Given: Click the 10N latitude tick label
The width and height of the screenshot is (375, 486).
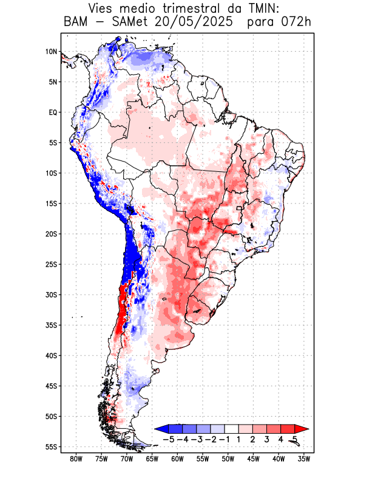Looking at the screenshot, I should (51, 52).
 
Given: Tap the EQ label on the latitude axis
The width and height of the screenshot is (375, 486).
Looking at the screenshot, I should (53, 112).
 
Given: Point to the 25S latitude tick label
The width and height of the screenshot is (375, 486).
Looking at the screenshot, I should (51, 264).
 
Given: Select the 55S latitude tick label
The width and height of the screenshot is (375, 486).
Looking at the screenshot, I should (51, 447).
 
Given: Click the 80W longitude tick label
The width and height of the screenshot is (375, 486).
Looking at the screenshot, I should (76, 459).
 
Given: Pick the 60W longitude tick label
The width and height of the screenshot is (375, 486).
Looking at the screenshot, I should (177, 459).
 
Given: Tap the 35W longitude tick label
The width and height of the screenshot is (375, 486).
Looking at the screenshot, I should (304, 459).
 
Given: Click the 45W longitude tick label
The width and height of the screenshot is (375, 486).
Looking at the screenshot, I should (253, 459).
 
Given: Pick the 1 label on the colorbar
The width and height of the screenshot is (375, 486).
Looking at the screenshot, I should (239, 439).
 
